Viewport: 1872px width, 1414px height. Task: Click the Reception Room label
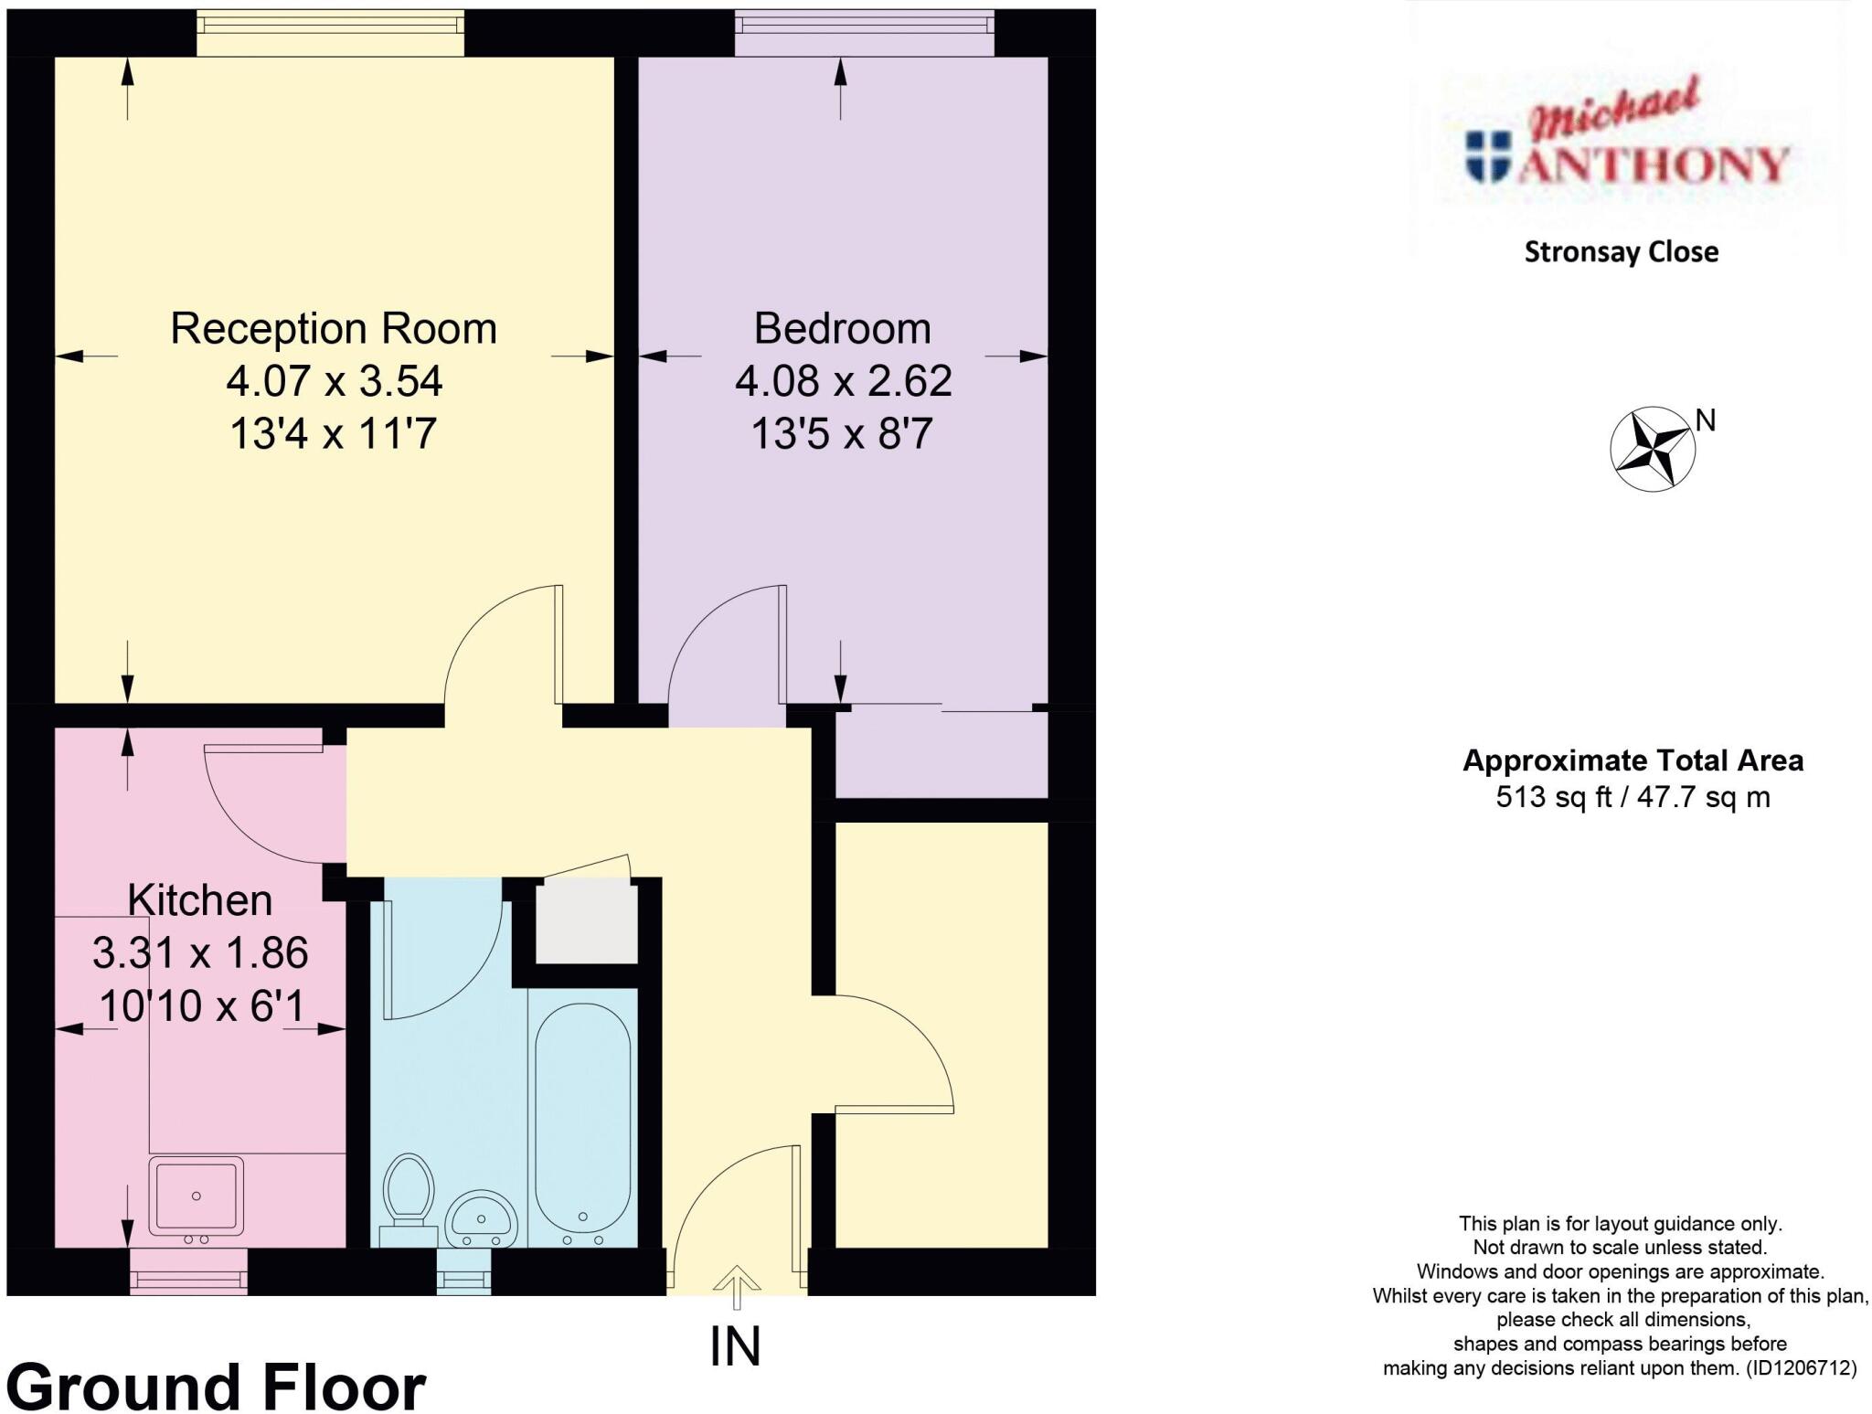(x=334, y=328)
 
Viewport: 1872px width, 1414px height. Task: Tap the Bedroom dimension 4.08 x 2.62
(x=843, y=381)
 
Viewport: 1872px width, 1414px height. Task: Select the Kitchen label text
(x=199, y=900)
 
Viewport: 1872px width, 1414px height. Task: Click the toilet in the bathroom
(x=408, y=1188)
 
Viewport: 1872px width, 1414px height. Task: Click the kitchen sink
(x=196, y=1195)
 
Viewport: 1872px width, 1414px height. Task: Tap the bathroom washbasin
(x=482, y=1218)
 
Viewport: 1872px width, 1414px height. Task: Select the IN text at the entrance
(x=735, y=1346)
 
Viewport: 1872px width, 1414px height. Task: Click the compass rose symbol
(x=1651, y=449)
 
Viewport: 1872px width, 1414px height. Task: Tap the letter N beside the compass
(x=1706, y=420)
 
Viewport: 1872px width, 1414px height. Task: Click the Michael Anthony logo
(x=1627, y=146)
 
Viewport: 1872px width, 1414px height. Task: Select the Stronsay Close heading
(x=1621, y=252)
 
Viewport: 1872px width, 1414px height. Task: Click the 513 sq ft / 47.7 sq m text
(x=1633, y=797)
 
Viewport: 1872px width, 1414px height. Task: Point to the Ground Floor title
(x=216, y=1387)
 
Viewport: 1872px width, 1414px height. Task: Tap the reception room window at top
(x=330, y=21)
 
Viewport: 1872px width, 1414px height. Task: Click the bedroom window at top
(x=865, y=21)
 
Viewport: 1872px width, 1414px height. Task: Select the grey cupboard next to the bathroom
(x=586, y=922)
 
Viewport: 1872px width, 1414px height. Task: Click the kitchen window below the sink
(x=188, y=1272)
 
